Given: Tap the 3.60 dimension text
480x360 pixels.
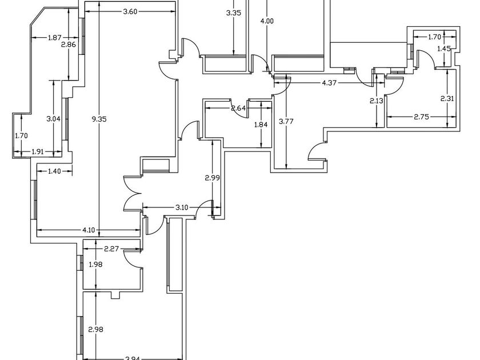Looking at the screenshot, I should [130, 13].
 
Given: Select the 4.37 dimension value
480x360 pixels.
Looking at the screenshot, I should [330, 83].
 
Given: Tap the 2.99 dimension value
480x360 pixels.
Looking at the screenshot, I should [213, 178].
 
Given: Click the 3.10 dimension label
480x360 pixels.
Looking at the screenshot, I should [182, 206].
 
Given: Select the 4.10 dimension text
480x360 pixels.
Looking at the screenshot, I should [89, 230].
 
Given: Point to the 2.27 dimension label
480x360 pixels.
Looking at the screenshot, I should [111, 249].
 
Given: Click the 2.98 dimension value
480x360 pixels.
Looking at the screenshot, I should [95, 329].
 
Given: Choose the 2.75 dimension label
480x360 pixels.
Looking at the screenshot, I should [422, 117].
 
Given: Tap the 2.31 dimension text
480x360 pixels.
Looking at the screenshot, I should [447, 98].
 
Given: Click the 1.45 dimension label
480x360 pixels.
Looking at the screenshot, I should [443, 49].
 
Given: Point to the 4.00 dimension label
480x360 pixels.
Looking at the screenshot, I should [267, 21].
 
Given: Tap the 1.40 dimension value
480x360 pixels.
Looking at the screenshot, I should [55, 171].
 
